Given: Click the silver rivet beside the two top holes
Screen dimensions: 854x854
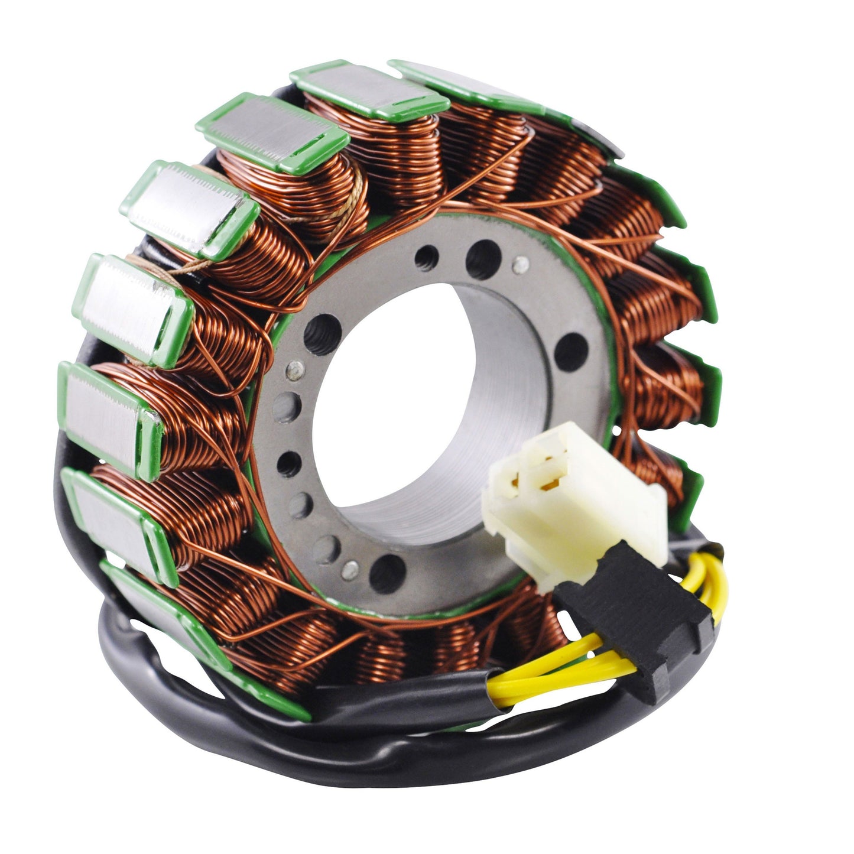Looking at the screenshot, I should coord(519,264).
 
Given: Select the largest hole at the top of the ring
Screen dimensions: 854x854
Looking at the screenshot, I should coord(483,259).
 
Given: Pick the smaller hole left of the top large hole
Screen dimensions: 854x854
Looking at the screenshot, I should coord(427,256).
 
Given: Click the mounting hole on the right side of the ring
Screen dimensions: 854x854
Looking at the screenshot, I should coord(570,352).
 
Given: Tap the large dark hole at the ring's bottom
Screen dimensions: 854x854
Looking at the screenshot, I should coord(387,573).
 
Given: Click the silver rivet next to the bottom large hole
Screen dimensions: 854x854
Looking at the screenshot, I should coord(350,569).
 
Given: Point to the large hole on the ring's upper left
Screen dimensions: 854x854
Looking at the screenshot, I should coord(322,335).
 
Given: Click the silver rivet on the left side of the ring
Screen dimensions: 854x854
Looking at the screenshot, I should coord(295,370).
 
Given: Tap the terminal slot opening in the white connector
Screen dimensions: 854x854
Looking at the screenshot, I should coord(547,476).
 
